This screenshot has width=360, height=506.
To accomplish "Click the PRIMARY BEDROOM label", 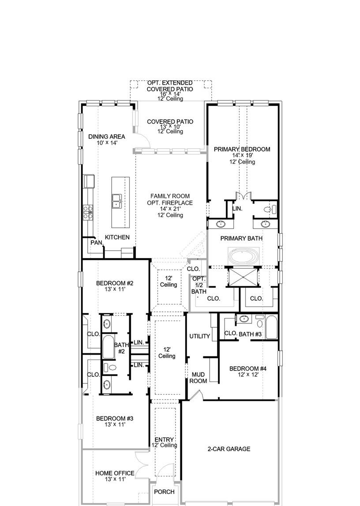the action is (x=242, y=149).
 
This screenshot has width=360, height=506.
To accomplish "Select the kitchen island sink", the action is (x=117, y=201).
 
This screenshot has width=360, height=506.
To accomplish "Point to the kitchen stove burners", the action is (x=88, y=213).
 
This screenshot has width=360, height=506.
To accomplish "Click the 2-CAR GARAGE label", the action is (x=229, y=449).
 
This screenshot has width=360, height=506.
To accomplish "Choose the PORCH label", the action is (x=164, y=492).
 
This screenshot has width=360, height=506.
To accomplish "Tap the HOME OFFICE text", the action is (x=115, y=473).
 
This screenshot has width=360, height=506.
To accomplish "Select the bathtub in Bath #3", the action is (x=272, y=327).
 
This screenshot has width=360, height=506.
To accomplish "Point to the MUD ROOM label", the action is (x=198, y=378).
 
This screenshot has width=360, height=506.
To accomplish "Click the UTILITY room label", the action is (x=200, y=336).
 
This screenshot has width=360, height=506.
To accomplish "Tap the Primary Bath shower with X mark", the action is (x=243, y=277).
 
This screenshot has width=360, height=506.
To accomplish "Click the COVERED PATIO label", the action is (x=170, y=122).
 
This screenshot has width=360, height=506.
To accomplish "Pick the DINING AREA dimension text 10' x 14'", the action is (x=107, y=142).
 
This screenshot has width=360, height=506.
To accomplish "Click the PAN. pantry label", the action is (x=97, y=242).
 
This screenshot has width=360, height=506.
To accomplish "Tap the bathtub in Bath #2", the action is (x=108, y=347).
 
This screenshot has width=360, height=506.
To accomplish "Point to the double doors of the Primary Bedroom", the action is (x=243, y=196).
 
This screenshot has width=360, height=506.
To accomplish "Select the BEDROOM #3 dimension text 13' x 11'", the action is (x=115, y=425).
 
